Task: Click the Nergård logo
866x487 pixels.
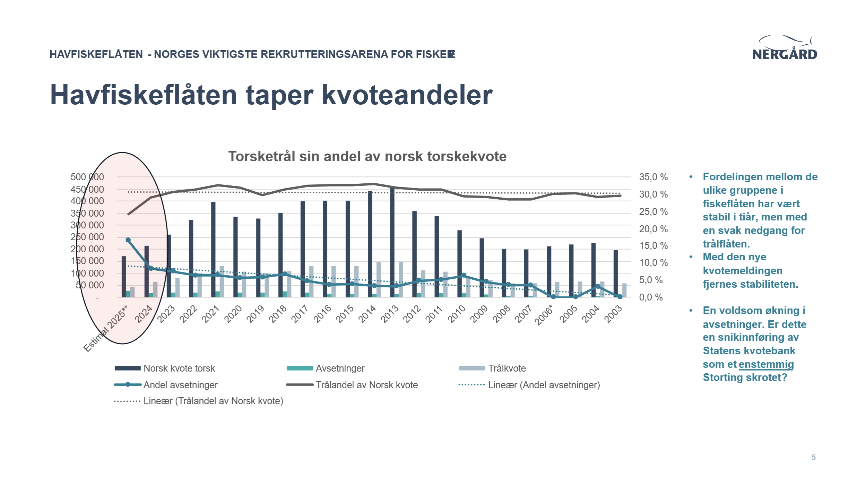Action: coord(785,49)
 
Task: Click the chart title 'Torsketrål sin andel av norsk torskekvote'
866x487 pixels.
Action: coord(367,157)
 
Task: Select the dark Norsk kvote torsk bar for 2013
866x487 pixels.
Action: coord(392,243)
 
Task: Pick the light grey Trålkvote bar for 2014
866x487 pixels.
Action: coord(379,279)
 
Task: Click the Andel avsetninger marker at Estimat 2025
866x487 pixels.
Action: coord(128,240)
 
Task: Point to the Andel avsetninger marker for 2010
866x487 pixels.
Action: coord(464,276)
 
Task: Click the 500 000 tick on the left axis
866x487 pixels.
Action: coord(87,177)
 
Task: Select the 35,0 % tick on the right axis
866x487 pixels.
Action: coord(653,177)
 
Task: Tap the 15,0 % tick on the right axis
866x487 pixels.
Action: coord(653,246)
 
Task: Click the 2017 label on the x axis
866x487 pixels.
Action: coord(300,314)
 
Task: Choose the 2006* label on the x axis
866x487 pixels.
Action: coord(544,315)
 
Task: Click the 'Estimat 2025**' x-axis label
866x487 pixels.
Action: coord(106,328)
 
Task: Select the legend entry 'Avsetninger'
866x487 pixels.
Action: coord(340,368)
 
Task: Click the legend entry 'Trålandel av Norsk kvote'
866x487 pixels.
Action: coord(366,385)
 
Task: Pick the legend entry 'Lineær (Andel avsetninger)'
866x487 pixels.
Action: coord(544,385)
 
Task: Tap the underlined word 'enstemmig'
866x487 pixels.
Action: coord(766,364)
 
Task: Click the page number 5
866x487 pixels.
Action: coord(813,458)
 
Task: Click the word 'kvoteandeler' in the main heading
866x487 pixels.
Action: coord(407,95)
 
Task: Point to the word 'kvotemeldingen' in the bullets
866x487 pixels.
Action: coord(743,271)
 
